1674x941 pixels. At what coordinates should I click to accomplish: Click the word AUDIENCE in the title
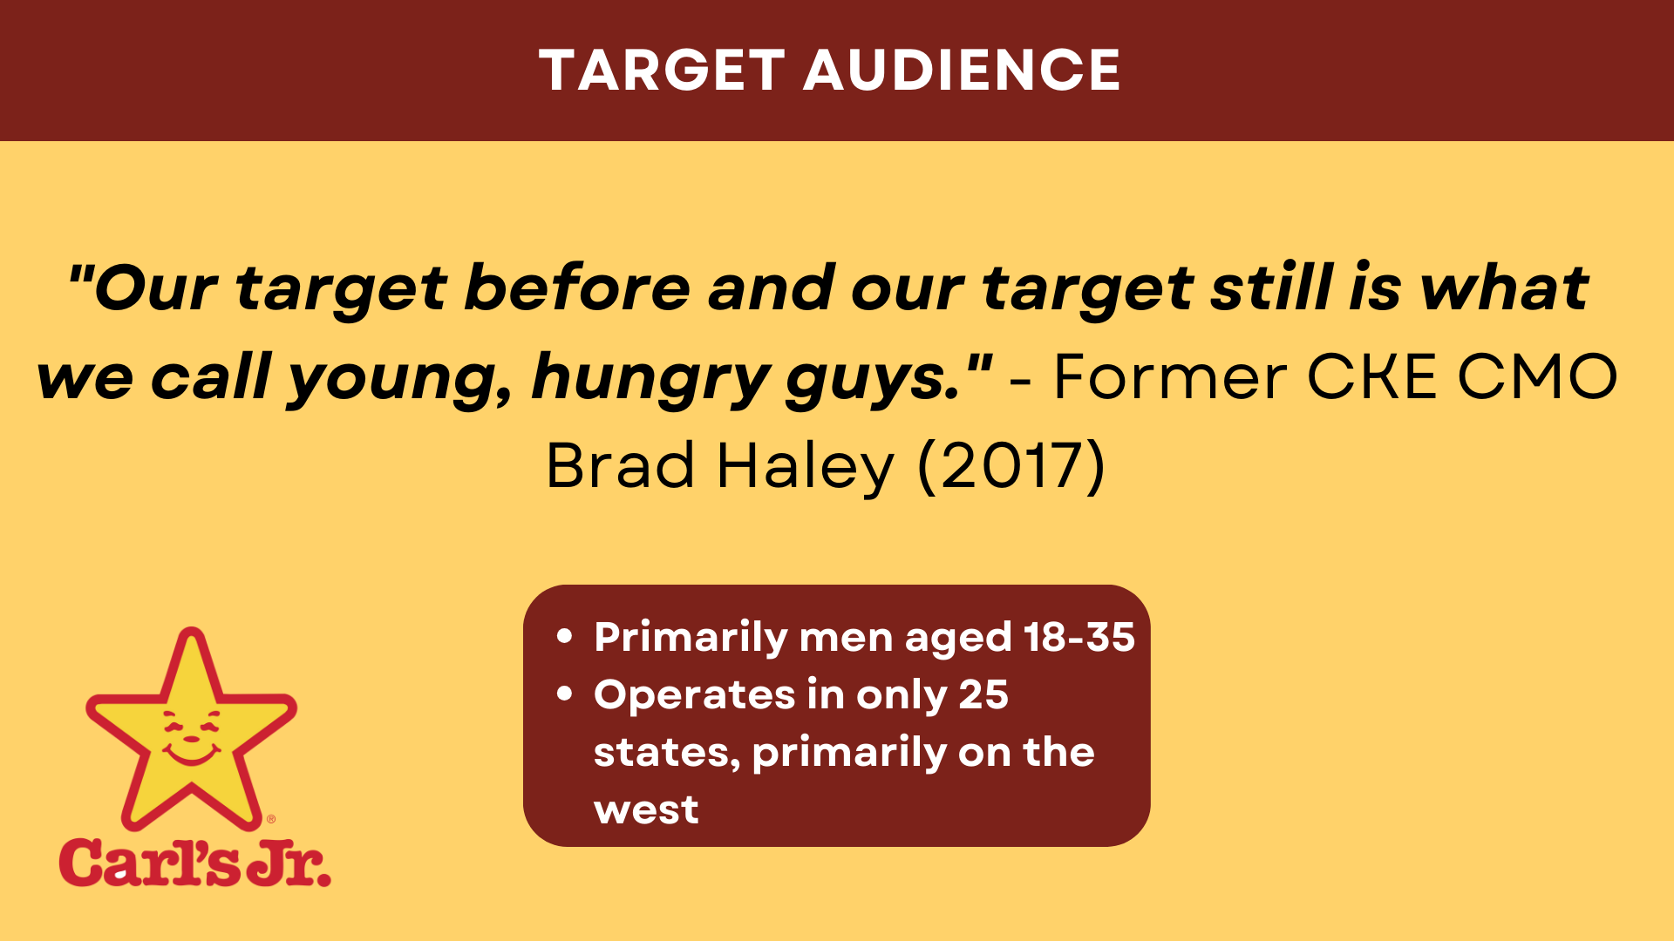pos(962,71)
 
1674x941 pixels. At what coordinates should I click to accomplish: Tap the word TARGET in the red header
pos(663,71)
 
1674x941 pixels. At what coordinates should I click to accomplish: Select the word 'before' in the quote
pos(577,288)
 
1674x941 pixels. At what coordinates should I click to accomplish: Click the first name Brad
pos(621,464)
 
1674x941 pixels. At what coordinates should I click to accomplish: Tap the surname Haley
pos(806,468)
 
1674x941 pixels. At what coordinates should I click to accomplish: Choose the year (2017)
pos(1011,466)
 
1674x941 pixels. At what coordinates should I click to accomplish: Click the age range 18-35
pos(1079,637)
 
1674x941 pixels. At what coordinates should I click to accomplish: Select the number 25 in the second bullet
pos(983,694)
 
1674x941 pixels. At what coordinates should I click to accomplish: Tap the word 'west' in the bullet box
pos(646,810)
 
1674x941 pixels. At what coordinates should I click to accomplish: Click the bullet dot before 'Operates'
pos(565,694)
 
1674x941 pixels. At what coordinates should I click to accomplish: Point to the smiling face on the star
pos(192,736)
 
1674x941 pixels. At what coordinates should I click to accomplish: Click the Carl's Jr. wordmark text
pos(195,863)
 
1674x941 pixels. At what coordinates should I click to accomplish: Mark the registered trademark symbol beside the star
pos(271,819)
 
